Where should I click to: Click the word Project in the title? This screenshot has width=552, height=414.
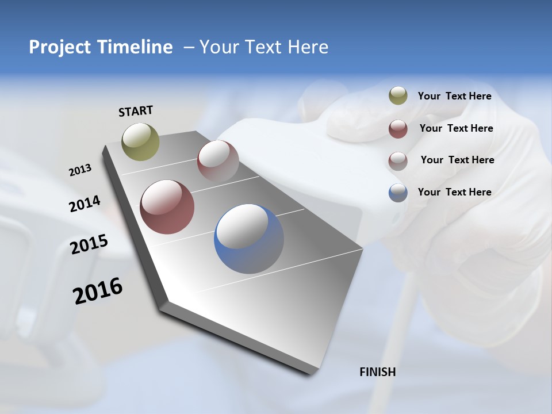pos(60,47)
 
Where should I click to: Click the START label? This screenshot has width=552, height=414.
pos(136,111)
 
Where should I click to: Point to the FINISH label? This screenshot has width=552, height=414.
pos(378,372)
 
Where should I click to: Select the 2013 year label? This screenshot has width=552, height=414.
pos(80,170)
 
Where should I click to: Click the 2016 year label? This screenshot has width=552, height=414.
pos(98,291)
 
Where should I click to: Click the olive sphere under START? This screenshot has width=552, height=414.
pos(141,141)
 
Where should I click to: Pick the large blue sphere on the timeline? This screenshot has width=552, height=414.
pos(249,239)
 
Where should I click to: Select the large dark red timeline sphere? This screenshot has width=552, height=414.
pos(167,207)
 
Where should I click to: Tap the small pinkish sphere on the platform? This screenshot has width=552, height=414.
pos(218,161)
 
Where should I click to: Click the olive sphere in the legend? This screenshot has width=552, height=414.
pos(398,96)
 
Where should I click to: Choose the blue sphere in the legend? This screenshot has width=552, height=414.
pos(398,193)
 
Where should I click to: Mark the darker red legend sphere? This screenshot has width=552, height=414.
pos(398,129)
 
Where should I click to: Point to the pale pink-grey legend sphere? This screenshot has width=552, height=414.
pos(398,161)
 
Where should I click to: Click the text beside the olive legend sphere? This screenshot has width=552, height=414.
pos(454,96)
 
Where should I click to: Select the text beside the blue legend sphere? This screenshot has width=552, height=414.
pos(454,192)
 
